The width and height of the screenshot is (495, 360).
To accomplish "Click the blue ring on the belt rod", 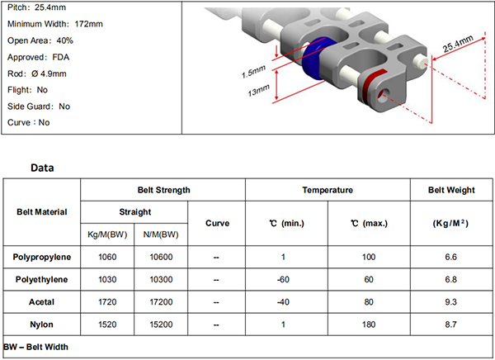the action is click(x=314, y=60).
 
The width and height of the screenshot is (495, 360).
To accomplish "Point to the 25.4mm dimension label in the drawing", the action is click(x=458, y=44).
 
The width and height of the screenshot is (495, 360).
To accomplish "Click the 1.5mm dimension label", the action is click(x=253, y=72).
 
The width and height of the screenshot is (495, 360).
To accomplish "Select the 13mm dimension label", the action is click(x=258, y=90).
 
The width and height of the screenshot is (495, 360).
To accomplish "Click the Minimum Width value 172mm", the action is click(x=89, y=24).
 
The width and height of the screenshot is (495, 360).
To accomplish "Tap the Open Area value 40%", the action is click(x=64, y=40).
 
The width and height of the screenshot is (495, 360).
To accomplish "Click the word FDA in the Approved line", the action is click(x=60, y=57).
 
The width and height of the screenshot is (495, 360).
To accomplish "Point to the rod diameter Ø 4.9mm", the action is click(x=49, y=74).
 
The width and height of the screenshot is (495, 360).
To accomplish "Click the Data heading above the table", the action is click(x=42, y=168).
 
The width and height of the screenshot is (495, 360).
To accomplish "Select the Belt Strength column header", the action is click(x=164, y=190).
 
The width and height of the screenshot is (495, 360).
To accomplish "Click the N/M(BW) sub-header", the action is click(x=161, y=234).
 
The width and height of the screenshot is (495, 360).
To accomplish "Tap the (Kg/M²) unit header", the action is click(x=450, y=223).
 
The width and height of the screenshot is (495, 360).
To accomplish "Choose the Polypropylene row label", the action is click(x=42, y=257).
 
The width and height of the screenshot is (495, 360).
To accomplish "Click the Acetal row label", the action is click(x=42, y=302).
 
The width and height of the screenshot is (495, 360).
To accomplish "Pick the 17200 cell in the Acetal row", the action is click(x=161, y=302).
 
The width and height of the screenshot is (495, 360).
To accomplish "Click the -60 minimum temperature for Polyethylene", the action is click(x=283, y=280).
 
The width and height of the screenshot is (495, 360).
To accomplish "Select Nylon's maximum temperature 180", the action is click(x=369, y=324).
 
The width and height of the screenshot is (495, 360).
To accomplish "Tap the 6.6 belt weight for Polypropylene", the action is click(x=450, y=257).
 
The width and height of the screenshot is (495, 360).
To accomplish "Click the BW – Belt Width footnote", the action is click(x=35, y=347).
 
